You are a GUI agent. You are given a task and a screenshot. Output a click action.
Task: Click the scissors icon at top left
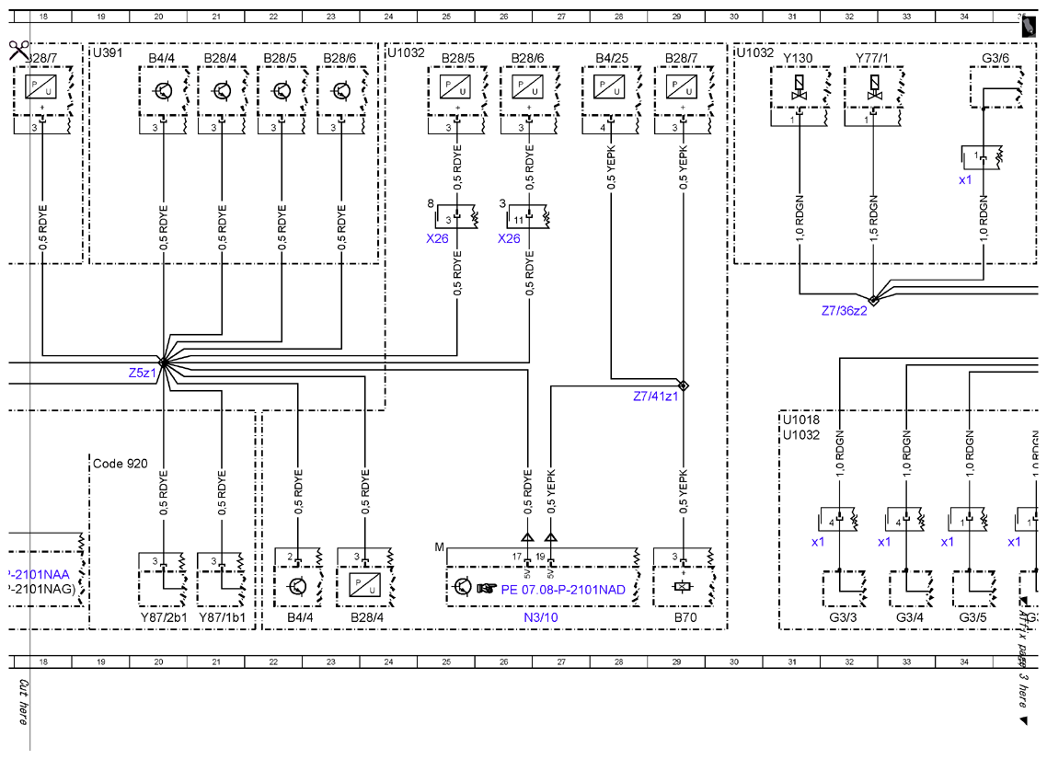pos(18,50)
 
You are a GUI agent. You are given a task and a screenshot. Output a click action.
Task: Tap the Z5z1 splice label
pos(142,373)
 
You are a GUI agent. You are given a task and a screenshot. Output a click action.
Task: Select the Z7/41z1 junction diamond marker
pos(683,385)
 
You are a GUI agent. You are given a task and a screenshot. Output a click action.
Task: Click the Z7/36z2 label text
pos(844,311)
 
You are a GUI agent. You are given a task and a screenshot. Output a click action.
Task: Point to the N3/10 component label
pos(541,617)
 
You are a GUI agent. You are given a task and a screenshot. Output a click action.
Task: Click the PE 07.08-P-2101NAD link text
pos(563,590)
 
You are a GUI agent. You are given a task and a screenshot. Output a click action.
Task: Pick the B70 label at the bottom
pos(685,617)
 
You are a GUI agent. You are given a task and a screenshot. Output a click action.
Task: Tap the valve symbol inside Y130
pos(798,87)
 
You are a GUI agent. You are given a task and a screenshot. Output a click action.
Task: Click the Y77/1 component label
pos(872,58)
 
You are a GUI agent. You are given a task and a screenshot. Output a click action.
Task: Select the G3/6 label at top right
pos(995,58)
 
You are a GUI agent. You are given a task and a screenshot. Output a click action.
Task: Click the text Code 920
pos(121,464)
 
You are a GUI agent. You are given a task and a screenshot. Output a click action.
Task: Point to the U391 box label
pos(108,52)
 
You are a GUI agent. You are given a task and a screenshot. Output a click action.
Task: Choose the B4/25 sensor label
pos(612,58)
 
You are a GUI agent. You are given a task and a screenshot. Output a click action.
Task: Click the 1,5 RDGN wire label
pos(873,217)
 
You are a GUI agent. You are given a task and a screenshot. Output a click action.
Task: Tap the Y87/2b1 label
pos(164,617)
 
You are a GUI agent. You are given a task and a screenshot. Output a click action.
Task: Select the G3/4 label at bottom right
pos(909,617)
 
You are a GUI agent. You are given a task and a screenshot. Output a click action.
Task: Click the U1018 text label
pos(800,420)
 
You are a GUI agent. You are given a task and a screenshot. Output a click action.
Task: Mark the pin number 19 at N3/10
pos(539,556)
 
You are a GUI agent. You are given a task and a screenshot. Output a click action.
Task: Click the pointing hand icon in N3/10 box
pos(487,588)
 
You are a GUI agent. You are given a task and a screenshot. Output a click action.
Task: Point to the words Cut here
pos(23,702)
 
